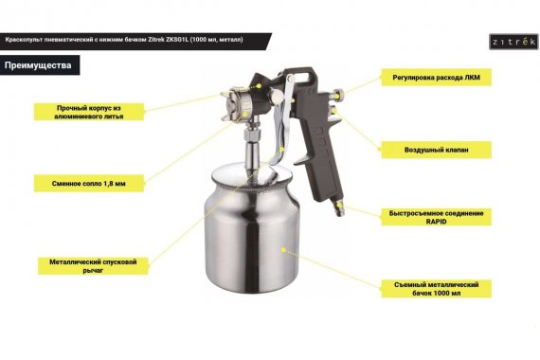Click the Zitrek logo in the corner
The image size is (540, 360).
tap(513, 42)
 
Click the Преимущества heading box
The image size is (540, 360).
tap(40, 65)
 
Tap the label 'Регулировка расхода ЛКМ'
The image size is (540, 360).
tap(436, 77)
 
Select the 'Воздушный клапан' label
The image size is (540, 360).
tap(436, 150)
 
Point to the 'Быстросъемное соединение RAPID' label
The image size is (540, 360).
tap(436, 217)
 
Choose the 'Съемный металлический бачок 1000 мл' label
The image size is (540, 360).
tap(436, 289)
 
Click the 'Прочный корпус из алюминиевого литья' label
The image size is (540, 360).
tap(89, 112)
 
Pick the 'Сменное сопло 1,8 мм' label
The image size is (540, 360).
tap(89, 183)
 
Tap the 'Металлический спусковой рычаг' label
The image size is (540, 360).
tap(93, 266)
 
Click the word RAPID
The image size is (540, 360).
tap(436, 222)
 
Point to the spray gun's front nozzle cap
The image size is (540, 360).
tap(230, 103)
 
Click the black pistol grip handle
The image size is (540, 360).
tap(318, 145)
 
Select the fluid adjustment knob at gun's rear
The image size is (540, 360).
tap(338, 93)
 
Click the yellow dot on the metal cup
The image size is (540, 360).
tap(283, 250)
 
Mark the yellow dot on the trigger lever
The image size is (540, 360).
tap(282, 149)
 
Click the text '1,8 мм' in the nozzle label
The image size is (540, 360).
tap(115, 184)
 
